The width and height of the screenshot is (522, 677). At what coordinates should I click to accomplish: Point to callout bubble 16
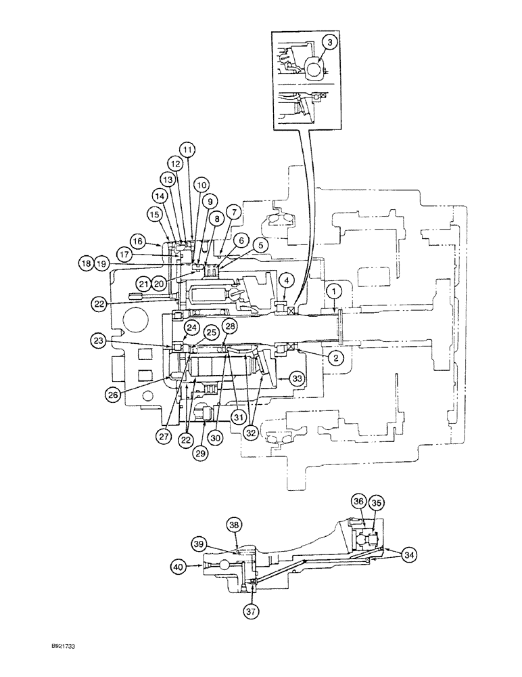(x=138, y=240)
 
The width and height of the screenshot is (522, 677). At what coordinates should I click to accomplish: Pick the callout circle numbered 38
(x=234, y=524)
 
